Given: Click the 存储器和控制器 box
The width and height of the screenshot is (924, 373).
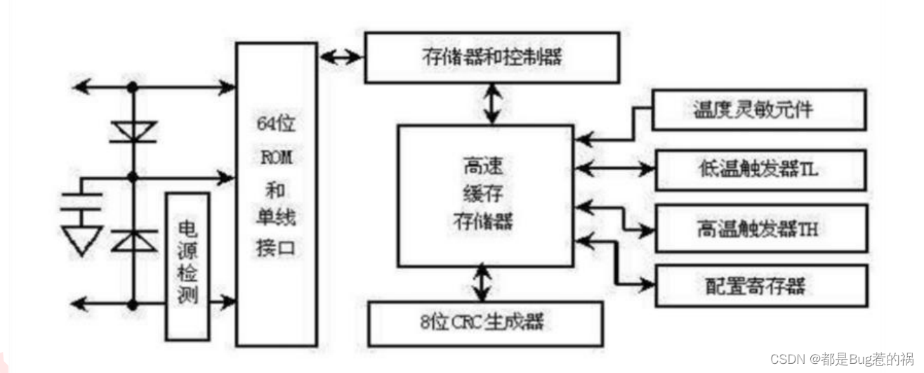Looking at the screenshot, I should (x=491, y=57).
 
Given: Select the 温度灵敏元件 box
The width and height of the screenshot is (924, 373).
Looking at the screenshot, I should (x=758, y=110).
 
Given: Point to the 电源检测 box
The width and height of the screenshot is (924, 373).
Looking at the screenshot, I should (x=187, y=266).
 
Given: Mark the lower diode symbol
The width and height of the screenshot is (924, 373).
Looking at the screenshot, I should (x=132, y=240).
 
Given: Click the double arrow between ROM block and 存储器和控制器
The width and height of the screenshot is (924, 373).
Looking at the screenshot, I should (x=341, y=57).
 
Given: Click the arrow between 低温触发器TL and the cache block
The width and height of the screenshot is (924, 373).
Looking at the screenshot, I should (x=614, y=169).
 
